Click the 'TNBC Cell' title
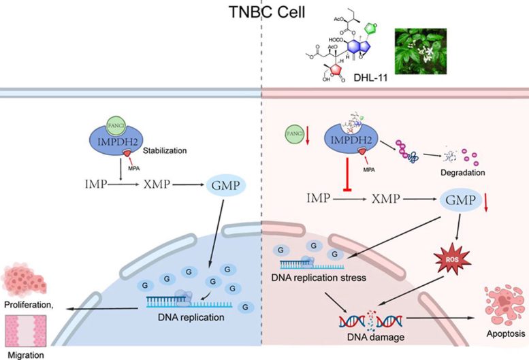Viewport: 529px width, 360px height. tap(263, 12)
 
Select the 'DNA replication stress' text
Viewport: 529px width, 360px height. tap(318, 277)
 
